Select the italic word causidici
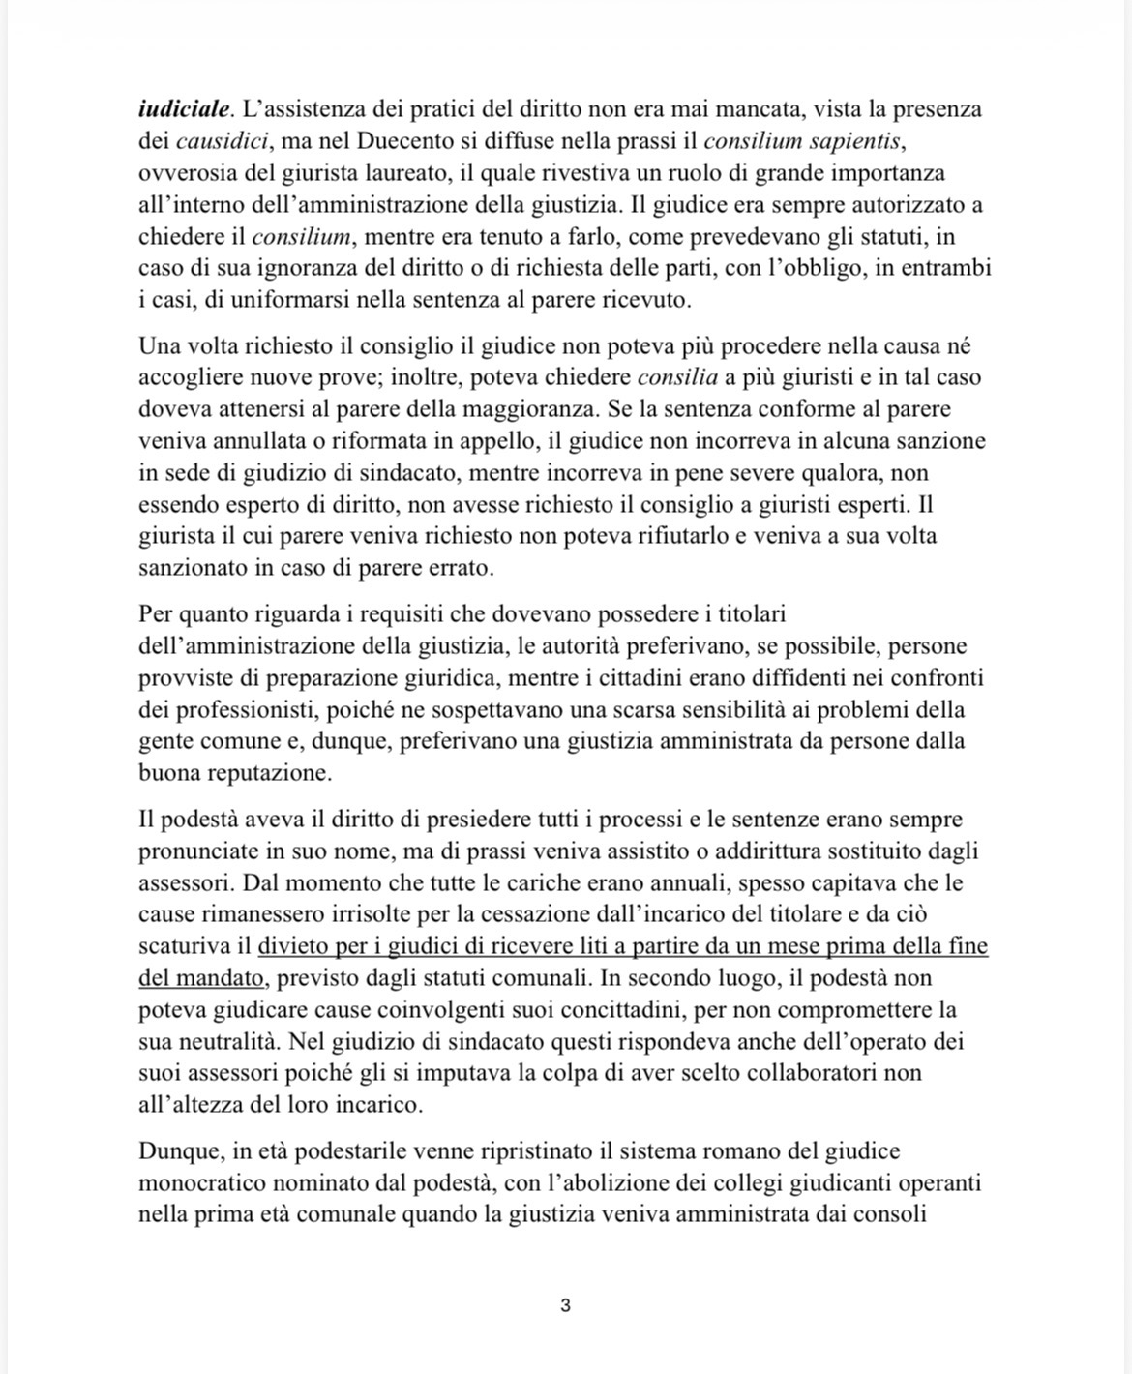pyautogui.click(x=223, y=141)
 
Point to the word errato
pyautogui.click(x=459, y=568)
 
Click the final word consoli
pyautogui.click(x=889, y=1213)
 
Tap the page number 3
pyautogui.click(x=565, y=1305)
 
